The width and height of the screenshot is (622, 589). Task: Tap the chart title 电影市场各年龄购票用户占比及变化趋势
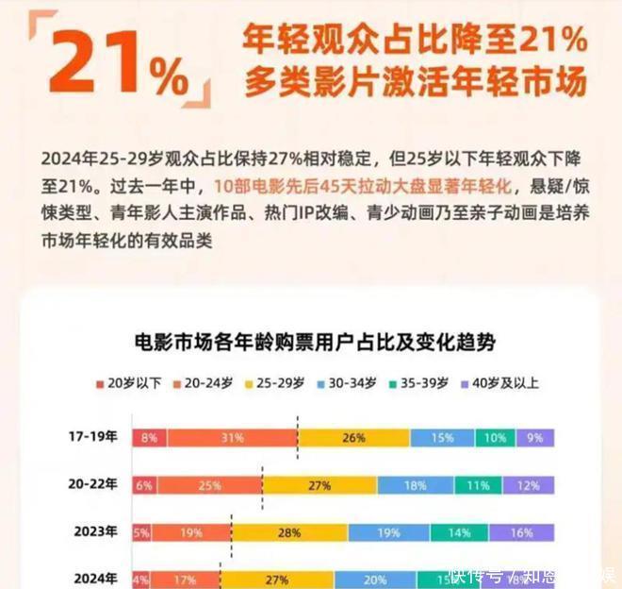pyautogui.click(x=316, y=341)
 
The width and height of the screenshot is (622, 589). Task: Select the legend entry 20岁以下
pyautogui.click(x=130, y=383)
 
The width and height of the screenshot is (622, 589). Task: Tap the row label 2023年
pyautogui.click(x=97, y=531)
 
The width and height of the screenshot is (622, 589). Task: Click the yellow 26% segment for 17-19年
pyautogui.click(x=353, y=438)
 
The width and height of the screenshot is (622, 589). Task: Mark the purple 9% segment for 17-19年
pyautogui.click(x=534, y=438)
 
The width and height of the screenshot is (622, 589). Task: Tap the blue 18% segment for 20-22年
pyautogui.click(x=415, y=485)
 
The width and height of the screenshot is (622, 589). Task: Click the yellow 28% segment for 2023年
pyautogui.click(x=283, y=532)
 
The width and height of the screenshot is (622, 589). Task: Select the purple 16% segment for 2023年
pyautogui.click(x=522, y=532)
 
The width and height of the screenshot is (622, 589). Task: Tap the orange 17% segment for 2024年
pyautogui.click(x=185, y=578)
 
